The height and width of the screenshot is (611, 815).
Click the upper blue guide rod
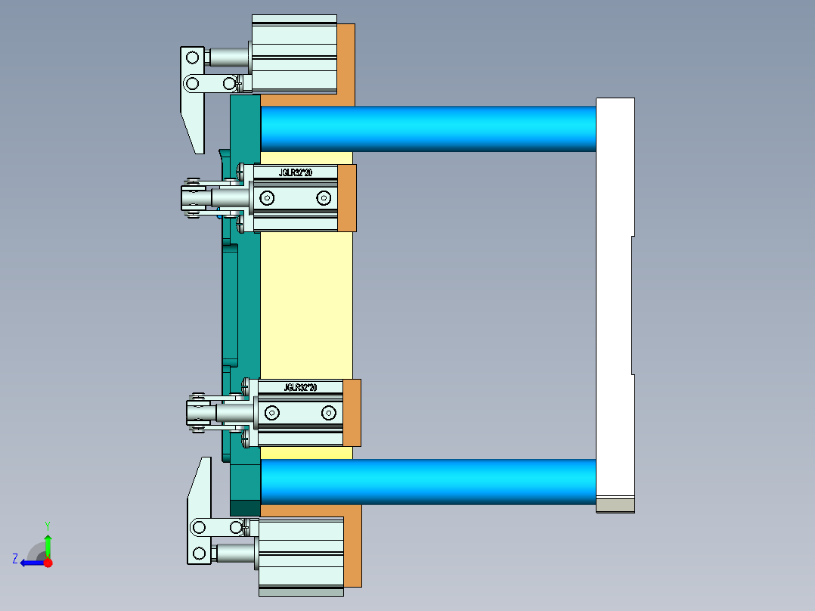click(428, 129)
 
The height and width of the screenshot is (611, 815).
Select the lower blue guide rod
click(428, 482)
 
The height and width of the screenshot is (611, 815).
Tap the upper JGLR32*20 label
click(296, 173)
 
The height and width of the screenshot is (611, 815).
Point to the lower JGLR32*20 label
click(300, 388)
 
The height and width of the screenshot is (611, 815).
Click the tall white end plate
click(614, 302)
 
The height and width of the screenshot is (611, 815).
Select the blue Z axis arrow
click(30, 562)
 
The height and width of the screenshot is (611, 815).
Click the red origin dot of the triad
click(48, 563)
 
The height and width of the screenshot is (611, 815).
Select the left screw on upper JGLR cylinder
click(266, 198)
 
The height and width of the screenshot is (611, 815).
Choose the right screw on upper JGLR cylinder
click(324, 198)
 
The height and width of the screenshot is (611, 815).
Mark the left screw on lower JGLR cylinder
click(271, 413)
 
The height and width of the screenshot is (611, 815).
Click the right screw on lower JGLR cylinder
click(328, 413)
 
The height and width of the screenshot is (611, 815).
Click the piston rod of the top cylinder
click(229, 57)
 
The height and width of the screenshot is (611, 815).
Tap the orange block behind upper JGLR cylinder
click(347, 198)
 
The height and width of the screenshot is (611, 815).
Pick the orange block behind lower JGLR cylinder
click(352, 413)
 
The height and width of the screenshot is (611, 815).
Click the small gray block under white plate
click(615, 505)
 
